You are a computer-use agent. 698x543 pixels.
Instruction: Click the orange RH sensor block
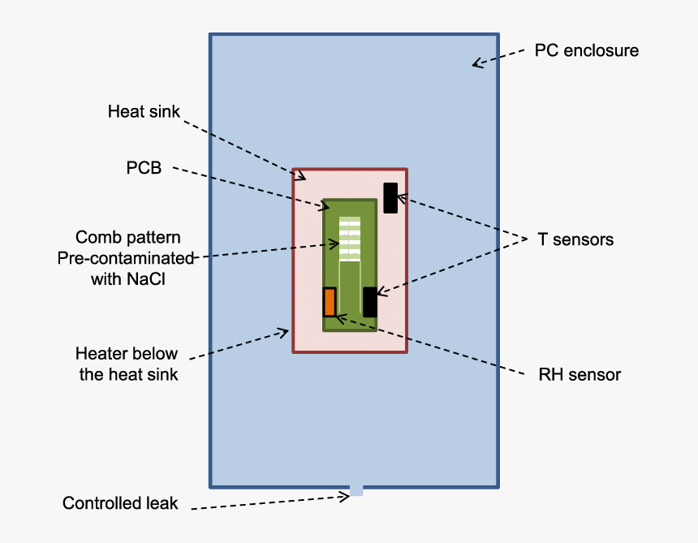click(330, 302)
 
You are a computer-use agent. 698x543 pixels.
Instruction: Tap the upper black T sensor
click(390, 198)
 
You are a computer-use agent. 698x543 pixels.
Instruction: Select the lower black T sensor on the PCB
click(370, 302)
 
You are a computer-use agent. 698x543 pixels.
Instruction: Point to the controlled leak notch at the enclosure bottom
click(355, 490)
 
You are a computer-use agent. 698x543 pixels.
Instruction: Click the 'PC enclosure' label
click(586, 50)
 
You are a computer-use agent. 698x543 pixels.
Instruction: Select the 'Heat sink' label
click(144, 111)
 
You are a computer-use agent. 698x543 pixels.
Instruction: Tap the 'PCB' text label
click(144, 168)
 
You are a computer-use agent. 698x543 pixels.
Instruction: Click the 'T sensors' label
click(575, 239)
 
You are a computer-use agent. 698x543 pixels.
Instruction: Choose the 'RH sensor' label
click(580, 374)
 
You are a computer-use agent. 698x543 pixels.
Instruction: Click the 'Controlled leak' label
click(119, 503)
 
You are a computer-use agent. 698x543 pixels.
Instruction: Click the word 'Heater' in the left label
click(99, 354)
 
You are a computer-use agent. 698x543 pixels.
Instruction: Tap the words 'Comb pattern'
click(127, 237)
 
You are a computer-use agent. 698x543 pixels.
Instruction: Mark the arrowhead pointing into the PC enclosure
click(478, 62)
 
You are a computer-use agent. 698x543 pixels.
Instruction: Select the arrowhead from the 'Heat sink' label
click(299, 174)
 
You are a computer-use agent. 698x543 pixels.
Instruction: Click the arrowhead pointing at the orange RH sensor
click(340, 317)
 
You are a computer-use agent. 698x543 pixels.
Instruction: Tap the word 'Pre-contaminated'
click(126, 258)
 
